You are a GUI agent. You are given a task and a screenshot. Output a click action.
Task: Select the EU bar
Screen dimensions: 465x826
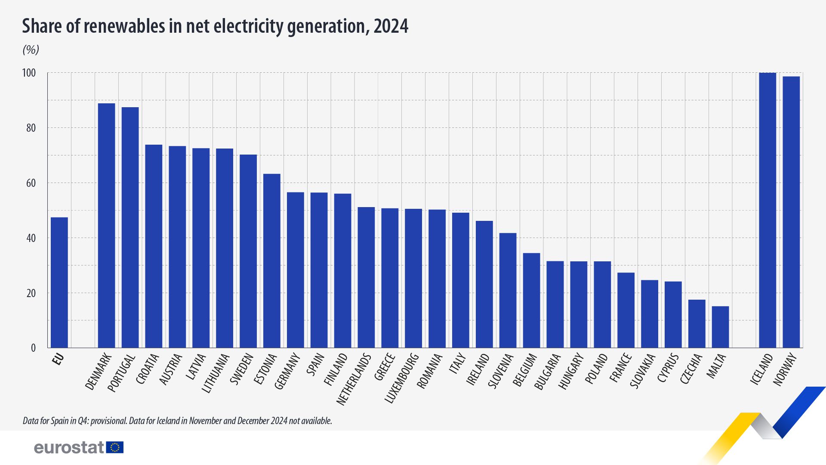coord(59,282)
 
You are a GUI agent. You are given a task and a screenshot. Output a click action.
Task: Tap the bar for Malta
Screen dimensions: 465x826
coord(720,327)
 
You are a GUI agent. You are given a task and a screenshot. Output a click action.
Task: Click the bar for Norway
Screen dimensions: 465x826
coord(791,212)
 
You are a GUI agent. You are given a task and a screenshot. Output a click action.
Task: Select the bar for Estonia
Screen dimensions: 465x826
coord(271,260)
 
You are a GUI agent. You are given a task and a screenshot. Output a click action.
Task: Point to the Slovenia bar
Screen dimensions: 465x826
coord(508,290)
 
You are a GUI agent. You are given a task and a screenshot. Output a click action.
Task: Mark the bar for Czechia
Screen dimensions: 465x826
coord(697,323)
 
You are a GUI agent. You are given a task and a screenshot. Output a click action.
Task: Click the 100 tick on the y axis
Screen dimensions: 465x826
coord(29,73)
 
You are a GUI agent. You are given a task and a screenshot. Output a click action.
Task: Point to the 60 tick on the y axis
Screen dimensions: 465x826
coord(31,183)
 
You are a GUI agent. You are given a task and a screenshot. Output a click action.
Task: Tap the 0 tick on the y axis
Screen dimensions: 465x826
coord(33,348)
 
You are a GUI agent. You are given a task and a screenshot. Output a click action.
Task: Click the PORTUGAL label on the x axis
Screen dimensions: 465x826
coord(121,373)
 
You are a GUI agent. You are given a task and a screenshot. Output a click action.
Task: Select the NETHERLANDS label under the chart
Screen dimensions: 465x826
coord(354,379)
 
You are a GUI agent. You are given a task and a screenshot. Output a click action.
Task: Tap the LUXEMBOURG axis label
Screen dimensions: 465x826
coord(401,378)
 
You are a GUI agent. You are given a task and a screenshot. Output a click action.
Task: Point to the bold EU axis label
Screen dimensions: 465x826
coord(58,359)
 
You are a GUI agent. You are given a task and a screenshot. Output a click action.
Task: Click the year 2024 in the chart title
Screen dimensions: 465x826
coord(391,26)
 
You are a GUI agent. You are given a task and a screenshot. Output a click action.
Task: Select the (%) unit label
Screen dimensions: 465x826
coord(31,50)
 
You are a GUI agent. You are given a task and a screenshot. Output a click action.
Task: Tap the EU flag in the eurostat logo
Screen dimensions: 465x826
coord(115,447)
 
